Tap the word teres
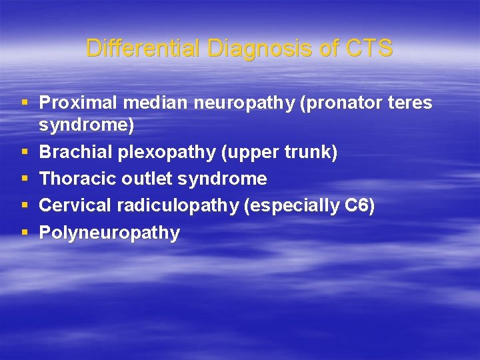[408, 103]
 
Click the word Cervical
[75, 206]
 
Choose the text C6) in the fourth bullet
[360, 206]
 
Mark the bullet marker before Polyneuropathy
[25, 233]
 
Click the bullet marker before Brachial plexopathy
[25, 153]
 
